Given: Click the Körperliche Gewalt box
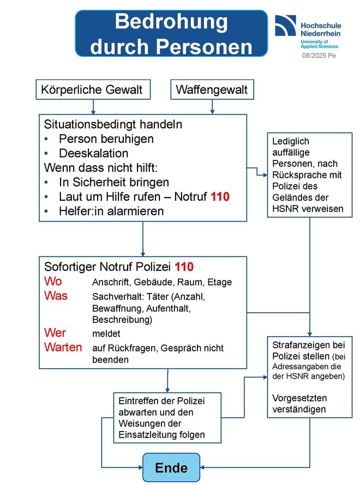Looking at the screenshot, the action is tap(93, 89).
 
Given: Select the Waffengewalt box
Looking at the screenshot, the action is tap(212, 89).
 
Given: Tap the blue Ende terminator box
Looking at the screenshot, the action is tap(171, 468).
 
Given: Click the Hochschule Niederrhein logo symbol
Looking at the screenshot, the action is tap(285, 25).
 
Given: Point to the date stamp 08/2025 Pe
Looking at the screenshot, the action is tap(319, 56).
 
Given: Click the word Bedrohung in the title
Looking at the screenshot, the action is tap(171, 22).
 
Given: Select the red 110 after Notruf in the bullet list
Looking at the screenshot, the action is tap(220, 197).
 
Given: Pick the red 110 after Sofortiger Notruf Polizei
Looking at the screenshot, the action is tap(184, 267).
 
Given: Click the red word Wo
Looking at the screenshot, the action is tap(53, 281).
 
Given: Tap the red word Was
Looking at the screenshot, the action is tap(56, 296).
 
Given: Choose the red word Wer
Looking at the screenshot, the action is tap(55, 333).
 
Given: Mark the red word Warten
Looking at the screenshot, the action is tap(63, 348).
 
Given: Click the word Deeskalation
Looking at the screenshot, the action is tap(93, 153).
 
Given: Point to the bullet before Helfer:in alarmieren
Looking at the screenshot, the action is tap(46, 211).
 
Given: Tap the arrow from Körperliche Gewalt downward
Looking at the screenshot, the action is tap(93, 107).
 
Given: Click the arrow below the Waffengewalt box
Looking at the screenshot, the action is tap(212, 107).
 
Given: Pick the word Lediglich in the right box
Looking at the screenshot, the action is tap(290, 141).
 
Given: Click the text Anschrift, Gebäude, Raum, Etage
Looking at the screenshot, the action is tap(162, 282).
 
